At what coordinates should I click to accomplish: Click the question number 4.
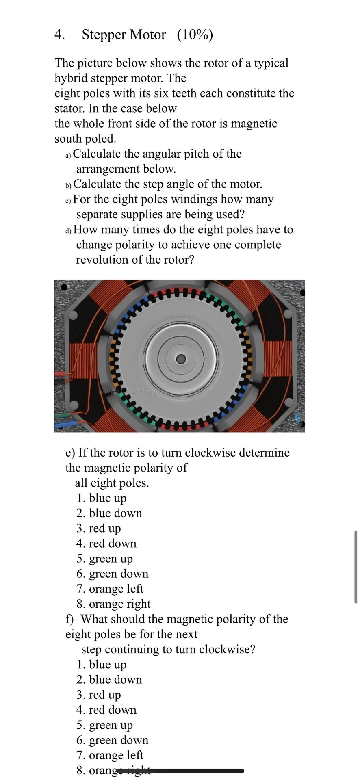59,35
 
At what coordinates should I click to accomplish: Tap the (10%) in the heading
195,35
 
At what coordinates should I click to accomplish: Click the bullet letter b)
68,185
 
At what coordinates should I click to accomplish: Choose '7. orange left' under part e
110,589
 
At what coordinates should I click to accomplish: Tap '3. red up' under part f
99,695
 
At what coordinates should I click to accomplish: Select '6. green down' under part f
112,740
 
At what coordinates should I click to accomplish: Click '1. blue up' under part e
102,498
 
